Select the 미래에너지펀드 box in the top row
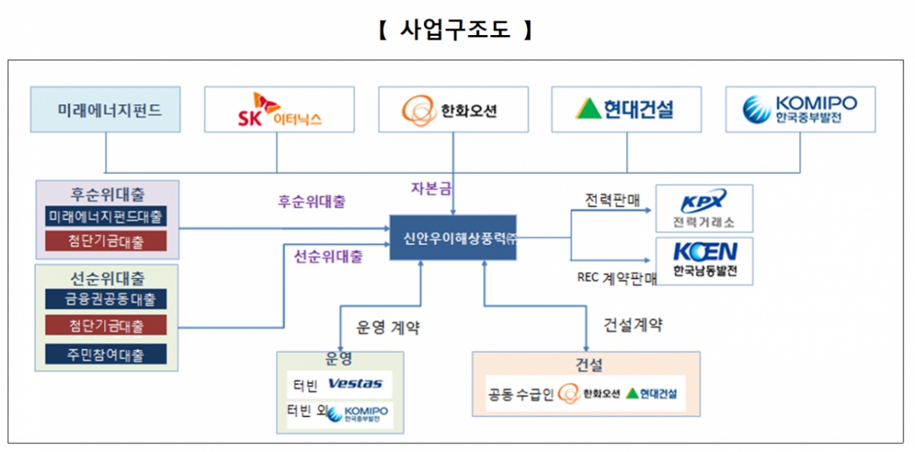click(105, 109)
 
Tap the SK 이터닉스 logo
click(279, 109)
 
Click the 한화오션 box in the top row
click(454, 109)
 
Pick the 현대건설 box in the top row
click(627, 109)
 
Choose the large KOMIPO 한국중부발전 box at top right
click(800, 109)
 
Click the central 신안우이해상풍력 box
click(453, 237)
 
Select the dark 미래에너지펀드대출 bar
click(105, 217)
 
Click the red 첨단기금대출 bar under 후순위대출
click(105, 242)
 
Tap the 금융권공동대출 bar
click(105, 299)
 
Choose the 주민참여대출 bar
click(105, 354)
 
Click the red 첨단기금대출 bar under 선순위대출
click(105, 325)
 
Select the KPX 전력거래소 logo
click(704, 208)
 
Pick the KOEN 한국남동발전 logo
click(704, 260)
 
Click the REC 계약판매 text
click(616, 278)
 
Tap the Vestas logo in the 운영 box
click(355, 383)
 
